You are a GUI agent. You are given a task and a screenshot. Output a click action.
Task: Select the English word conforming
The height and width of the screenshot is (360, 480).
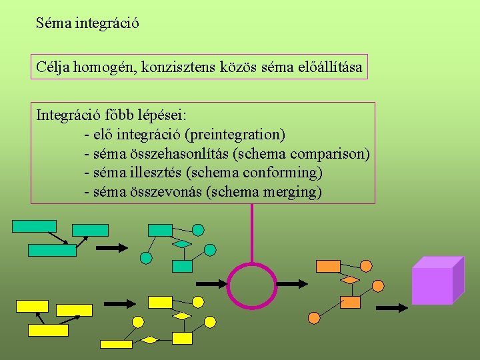[x=282, y=173]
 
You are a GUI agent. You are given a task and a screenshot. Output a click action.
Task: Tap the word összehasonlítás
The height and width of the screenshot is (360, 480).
[x=173, y=154]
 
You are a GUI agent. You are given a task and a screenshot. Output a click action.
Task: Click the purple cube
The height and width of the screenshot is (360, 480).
[x=437, y=280]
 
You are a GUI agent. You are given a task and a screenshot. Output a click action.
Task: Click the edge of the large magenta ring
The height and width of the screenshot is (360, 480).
[x=228, y=285]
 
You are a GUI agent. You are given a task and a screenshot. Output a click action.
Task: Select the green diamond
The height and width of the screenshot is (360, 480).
[x=181, y=244]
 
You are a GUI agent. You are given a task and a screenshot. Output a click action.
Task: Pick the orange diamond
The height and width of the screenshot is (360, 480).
[x=349, y=280]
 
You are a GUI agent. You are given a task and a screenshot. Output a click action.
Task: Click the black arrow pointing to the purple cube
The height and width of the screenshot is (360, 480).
[x=396, y=308]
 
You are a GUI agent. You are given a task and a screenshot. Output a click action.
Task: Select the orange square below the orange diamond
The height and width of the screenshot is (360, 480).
[x=349, y=303]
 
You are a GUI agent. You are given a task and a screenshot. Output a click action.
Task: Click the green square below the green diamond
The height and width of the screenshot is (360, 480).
[x=182, y=266]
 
